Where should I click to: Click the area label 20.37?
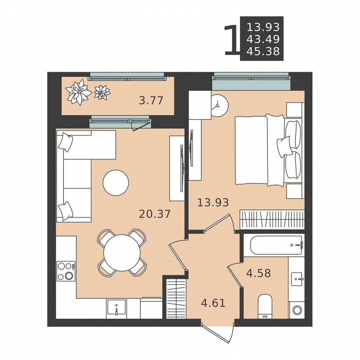pyautogui.click(x=155, y=214)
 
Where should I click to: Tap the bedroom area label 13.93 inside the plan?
pyautogui.click(x=213, y=203)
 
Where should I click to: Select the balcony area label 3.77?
pyautogui.click(x=150, y=100)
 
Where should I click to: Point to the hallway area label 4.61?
pyautogui.click(x=213, y=302)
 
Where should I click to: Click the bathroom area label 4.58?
pyautogui.click(x=259, y=273)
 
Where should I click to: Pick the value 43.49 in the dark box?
pyautogui.click(x=263, y=39)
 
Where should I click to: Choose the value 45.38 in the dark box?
pyautogui.click(x=263, y=51)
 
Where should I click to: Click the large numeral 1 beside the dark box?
pyautogui.click(x=230, y=40)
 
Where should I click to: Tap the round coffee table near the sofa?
pyautogui.click(x=116, y=182)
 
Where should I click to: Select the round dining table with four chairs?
pyautogui.click(x=122, y=253)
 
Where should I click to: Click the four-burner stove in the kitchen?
pyautogui.click(x=66, y=271)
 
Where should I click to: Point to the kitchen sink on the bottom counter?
pyautogui.click(x=117, y=308)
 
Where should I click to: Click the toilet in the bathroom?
pyautogui.click(x=265, y=306)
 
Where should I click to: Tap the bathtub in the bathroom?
pyautogui.click(x=273, y=246)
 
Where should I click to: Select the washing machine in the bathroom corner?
pyautogui.click(x=296, y=310)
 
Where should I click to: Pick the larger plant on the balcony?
pyautogui.click(x=78, y=92)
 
